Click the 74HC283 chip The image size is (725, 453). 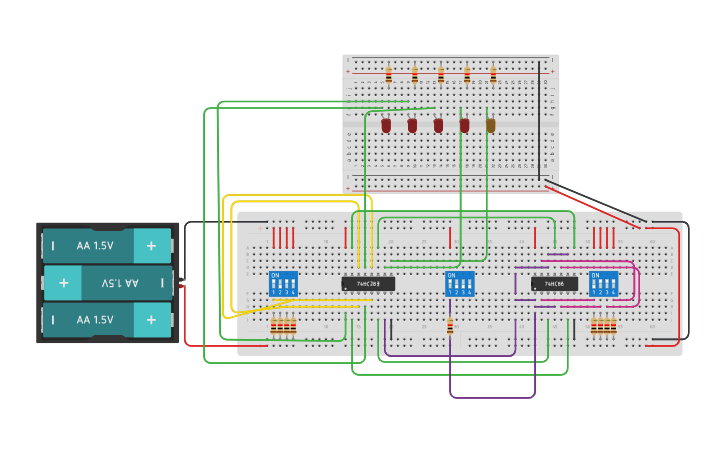pos(368,284)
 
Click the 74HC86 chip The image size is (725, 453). pos(554,284)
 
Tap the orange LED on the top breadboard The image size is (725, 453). pos(490,126)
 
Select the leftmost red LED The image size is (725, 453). pos(386,126)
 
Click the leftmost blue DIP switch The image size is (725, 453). pos(284,284)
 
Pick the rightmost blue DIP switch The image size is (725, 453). pos(603,284)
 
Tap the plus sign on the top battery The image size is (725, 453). pos(152,245)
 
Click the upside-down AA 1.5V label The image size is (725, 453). pos(122,284)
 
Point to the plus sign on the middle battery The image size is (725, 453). pos(63,284)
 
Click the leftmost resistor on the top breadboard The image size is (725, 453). pos(389,75)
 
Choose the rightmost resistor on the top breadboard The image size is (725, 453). pos(493,75)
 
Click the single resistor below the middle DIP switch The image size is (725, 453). pos(450,326)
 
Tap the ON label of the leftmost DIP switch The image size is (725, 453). pos(275,274)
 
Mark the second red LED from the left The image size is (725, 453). pos(412,126)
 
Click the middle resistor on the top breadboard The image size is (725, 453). pos(441,75)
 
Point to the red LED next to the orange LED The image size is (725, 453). pos(464,126)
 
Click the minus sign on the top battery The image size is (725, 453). pos(53,245)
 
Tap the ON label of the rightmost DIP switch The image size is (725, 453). pos(596,274)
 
